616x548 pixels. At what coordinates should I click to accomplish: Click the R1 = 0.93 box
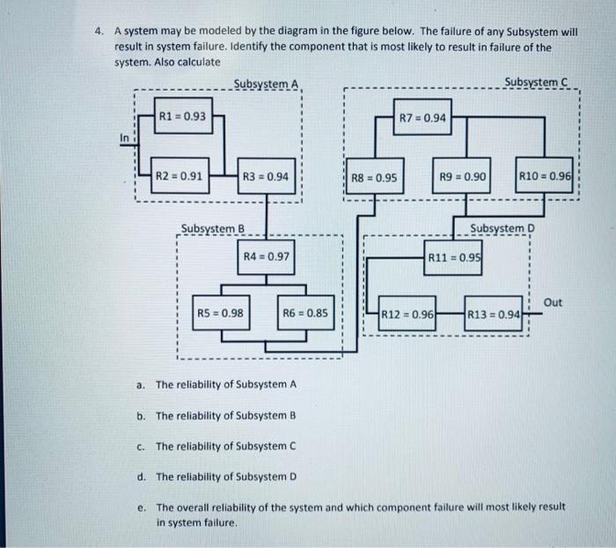pos(183,116)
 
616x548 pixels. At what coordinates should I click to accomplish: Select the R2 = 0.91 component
pos(180,176)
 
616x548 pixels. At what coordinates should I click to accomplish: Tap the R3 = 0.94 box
pos(265,176)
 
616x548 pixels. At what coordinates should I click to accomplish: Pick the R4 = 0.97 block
pos(265,257)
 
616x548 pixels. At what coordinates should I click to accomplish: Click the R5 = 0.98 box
pos(220,312)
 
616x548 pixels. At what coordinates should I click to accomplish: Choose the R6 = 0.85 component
pos(305,312)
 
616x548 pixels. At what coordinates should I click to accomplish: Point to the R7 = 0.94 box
pos(422,118)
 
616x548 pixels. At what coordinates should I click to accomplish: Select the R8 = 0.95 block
pos(374,177)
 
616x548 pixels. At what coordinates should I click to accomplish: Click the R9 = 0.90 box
pos(463,177)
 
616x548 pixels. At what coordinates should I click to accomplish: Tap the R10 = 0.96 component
pos(546,177)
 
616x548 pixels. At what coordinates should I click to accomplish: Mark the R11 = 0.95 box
pos(453,258)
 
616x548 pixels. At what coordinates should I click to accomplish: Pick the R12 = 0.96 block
pos(408,314)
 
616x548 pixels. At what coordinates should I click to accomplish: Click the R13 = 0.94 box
pos(495,314)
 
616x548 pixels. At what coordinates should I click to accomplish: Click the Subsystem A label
pos(267,84)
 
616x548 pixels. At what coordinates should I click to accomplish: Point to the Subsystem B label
pos(212,230)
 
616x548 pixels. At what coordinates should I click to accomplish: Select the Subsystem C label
pos(538,83)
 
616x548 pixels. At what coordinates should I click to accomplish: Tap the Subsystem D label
pos(502,229)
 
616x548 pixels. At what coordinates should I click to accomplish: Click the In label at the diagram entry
pos(124,136)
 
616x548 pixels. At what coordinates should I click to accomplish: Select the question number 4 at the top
pos(99,31)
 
